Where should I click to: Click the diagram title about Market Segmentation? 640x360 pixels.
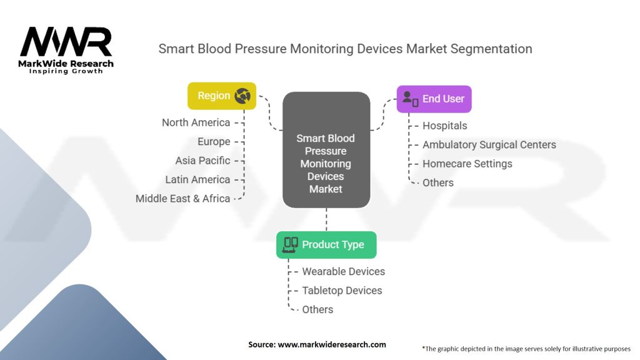[345, 49]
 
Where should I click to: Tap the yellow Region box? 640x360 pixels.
[222, 96]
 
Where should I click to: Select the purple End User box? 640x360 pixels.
[434, 99]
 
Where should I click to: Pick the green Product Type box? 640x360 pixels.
[326, 244]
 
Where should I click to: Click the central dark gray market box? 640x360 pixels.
[326, 151]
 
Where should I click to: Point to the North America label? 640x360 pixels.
[196, 122]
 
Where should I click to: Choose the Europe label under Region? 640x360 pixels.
[214, 142]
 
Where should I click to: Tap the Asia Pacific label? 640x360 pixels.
[202, 161]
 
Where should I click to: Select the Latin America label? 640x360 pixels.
[197, 179]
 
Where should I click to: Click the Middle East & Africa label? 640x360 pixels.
[183, 199]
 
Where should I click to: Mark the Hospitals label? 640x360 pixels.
[444, 126]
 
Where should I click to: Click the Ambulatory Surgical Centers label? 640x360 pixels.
[489, 144]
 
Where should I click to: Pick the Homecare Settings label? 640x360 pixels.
[467, 164]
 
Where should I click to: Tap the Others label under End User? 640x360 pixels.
[437, 182]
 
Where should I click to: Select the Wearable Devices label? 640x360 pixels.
[343, 271]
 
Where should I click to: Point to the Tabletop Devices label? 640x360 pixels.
[342, 290]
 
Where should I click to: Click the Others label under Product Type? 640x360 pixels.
[317, 309]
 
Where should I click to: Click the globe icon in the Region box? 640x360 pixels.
[242, 96]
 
